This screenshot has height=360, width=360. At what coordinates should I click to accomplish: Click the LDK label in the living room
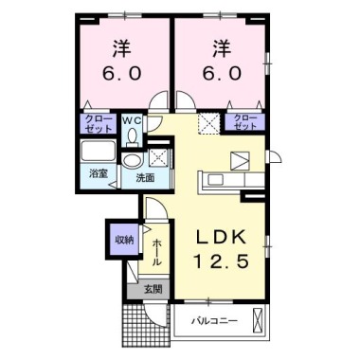(224, 237)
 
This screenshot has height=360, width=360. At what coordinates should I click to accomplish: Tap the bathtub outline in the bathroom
(98, 153)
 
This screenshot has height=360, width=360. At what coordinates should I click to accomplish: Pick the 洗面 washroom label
(145, 176)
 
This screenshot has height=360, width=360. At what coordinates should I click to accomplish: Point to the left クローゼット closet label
(98, 123)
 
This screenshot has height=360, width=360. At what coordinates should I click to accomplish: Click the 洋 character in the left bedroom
(121, 45)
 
